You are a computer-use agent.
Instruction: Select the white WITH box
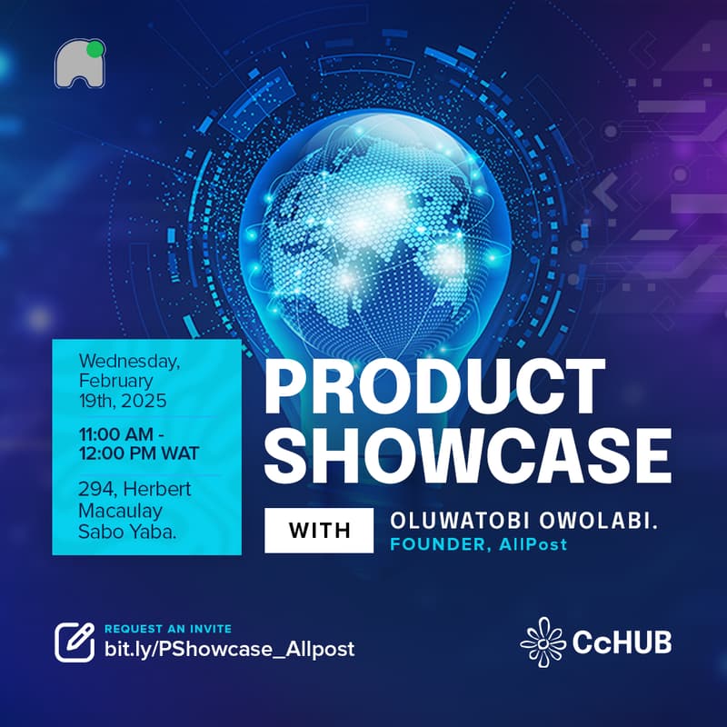click(319, 531)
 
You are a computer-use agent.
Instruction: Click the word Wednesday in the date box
click(130, 361)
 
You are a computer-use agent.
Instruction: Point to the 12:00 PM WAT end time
click(139, 452)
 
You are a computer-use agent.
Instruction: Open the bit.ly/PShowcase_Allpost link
click(229, 649)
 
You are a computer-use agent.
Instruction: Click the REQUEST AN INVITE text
click(168, 629)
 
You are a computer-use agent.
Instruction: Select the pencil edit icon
click(75, 642)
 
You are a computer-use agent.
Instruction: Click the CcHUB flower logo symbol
click(543, 641)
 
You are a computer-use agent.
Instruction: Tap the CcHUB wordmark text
click(622, 642)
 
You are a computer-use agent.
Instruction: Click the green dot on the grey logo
click(96, 47)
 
